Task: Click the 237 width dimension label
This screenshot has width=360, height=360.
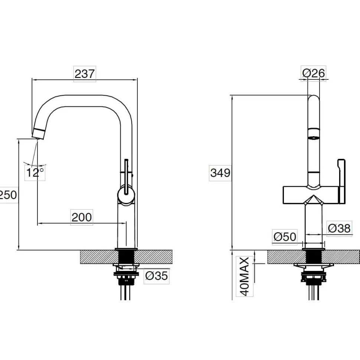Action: pyautogui.click(x=85, y=74)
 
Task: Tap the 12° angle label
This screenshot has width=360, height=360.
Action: pyautogui.click(x=35, y=173)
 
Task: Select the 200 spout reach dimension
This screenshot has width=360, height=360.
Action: pyautogui.click(x=82, y=217)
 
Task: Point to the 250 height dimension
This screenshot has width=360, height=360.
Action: pyautogui.click(x=8, y=195)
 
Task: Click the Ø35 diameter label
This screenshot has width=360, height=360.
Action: pyautogui.click(x=156, y=275)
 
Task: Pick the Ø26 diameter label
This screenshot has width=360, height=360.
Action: pyautogui.click(x=313, y=73)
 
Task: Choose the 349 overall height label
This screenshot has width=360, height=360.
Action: pyautogui.click(x=220, y=173)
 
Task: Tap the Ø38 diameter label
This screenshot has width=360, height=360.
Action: pyautogui.click(x=339, y=228)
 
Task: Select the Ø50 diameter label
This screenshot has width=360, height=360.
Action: pyautogui.click(x=285, y=237)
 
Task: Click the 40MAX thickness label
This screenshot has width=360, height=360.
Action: pyautogui.click(x=245, y=276)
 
